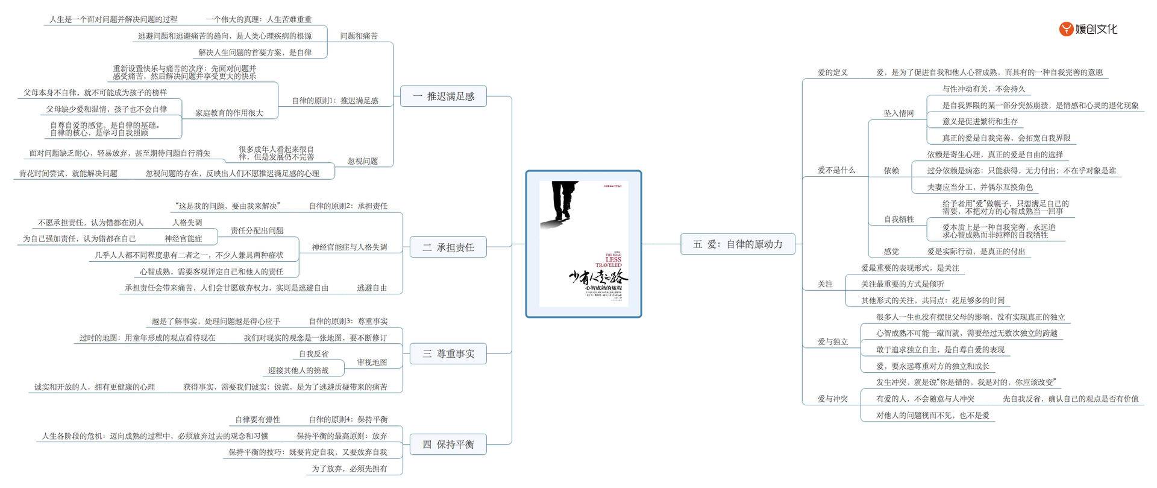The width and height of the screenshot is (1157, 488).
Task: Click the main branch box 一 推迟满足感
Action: (x=444, y=97)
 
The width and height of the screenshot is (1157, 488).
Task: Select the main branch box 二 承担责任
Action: (x=448, y=247)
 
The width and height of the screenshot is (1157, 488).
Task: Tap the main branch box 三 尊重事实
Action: (x=448, y=354)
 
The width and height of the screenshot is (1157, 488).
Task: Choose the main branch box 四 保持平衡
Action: (x=448, y=445)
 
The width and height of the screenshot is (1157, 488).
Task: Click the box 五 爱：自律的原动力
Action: (x=738, y=244)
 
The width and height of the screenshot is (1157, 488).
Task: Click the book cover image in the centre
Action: (x=583, y=244)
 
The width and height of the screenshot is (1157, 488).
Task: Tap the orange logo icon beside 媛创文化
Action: (x=1066, y=29)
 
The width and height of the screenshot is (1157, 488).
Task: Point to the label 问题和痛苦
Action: (x=359, y=36)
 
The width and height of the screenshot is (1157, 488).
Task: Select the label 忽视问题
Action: (x=363, y=162)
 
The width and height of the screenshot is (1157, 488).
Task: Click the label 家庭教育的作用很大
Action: (x=229, y=113)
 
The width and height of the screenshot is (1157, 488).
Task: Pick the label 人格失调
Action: (x=187, y=223)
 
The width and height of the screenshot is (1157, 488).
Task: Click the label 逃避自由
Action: (x=372, y=288)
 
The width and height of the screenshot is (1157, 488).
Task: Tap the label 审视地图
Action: (x=372, y=363)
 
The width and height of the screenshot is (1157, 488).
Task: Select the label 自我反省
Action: (x=313, y=354)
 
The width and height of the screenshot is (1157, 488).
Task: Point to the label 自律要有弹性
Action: (x=257, y=420)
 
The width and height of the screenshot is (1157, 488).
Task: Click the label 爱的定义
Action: (x=832, y=72)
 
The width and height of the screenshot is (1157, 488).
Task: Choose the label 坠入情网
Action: (x=898, y=113)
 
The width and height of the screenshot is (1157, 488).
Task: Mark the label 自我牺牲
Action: (x=898, y=220)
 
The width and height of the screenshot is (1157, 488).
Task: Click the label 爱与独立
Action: (x=832, y=342)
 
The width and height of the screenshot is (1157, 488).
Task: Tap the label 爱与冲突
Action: (x=832, y=399)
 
